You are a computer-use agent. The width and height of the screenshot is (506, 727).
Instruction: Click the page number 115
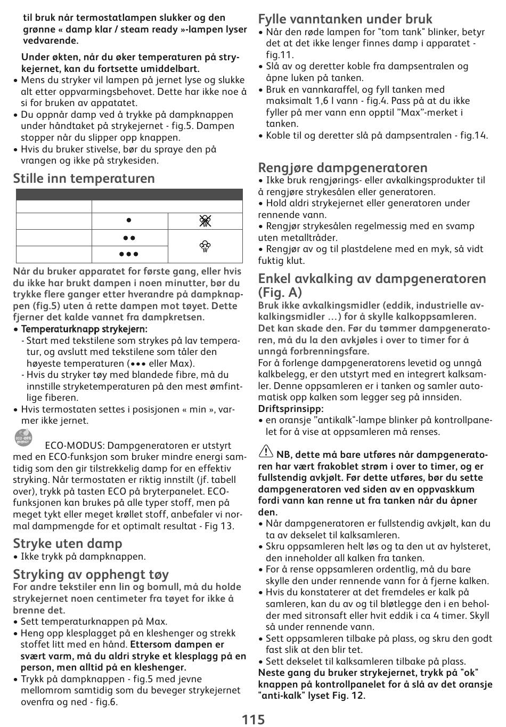[x=253, y=719]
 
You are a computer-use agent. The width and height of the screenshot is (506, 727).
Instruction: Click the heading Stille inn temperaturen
[x=84, y=179]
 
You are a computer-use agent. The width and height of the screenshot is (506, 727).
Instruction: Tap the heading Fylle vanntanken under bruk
[x=345, y=19]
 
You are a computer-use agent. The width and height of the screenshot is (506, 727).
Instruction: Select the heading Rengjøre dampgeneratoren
[x=342, y=168]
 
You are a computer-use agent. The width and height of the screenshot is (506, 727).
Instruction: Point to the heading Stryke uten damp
[x=68, y=544]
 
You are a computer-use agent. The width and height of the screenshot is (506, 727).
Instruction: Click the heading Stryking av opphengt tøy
[x=91, y=574]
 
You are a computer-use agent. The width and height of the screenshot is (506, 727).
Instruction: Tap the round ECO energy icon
[x=23, y=438]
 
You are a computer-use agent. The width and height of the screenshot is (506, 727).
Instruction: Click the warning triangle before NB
[x=265, y=453]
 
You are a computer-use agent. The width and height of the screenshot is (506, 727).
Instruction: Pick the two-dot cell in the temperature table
[x=129, y=238]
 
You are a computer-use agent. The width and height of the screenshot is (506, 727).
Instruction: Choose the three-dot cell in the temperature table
[x=129, y=254]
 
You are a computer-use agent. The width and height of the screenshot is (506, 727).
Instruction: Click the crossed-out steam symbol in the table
[x=205, y=221]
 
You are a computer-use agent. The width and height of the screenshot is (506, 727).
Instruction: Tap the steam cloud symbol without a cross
[x=205, y=246]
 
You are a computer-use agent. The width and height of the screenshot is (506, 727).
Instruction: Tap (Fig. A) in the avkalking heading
[x=280, y=293]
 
